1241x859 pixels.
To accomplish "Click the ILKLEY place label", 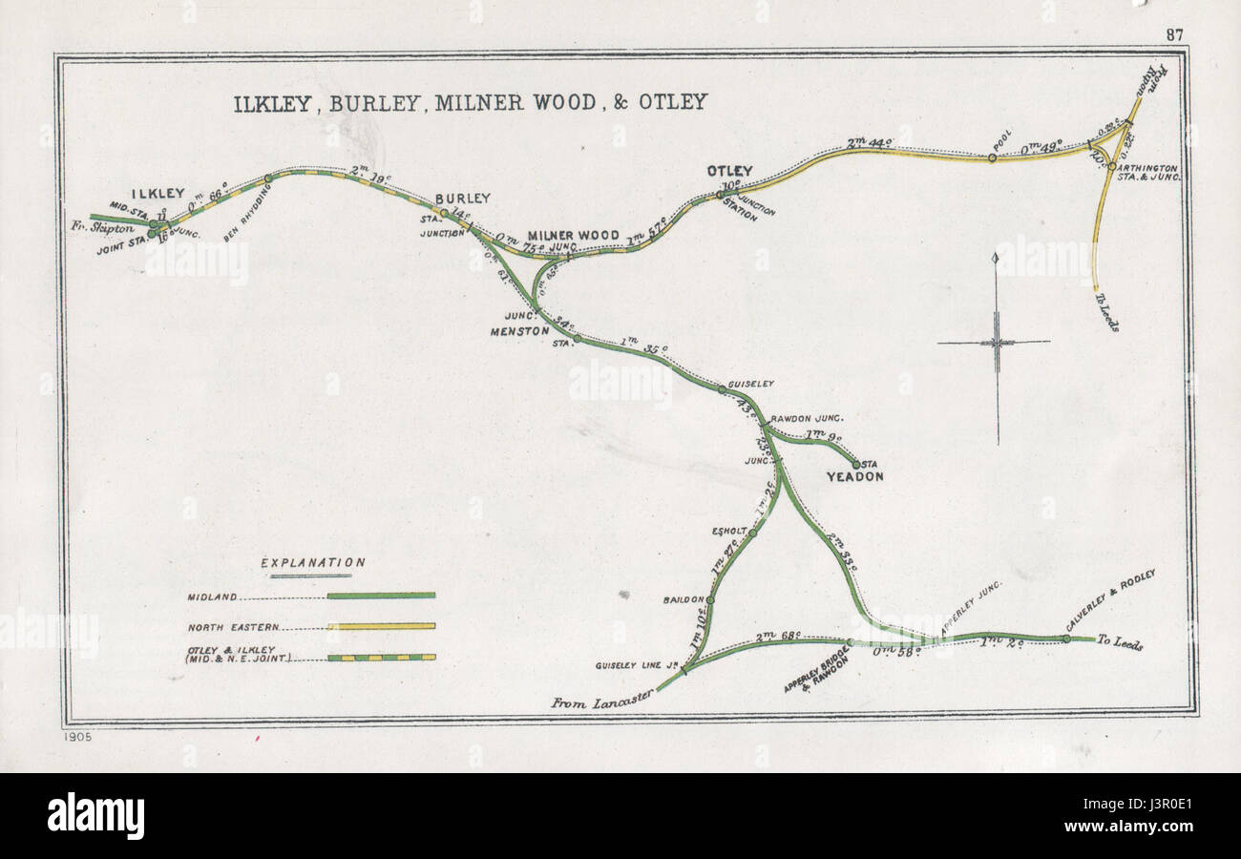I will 158,193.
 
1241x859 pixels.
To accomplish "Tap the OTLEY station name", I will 729,171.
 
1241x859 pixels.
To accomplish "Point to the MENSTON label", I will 519,331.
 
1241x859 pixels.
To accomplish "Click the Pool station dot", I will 993,157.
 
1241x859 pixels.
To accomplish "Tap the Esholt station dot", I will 752,533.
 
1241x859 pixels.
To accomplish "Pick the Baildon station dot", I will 711,600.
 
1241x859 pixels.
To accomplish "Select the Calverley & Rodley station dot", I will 1066,639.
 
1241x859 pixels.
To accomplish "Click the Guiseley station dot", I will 722,388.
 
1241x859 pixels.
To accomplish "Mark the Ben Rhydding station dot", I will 268,178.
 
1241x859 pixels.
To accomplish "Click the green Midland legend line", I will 381,596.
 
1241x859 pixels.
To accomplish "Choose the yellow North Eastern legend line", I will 381,627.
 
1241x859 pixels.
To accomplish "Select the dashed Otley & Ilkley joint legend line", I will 381,658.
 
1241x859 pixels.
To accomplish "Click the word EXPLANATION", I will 313,563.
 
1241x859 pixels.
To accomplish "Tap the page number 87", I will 1173,34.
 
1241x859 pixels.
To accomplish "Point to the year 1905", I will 80,738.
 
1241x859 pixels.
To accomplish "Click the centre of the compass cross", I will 997,342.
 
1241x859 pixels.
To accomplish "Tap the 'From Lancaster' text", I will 601,700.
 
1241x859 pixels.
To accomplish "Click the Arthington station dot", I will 1111,166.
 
